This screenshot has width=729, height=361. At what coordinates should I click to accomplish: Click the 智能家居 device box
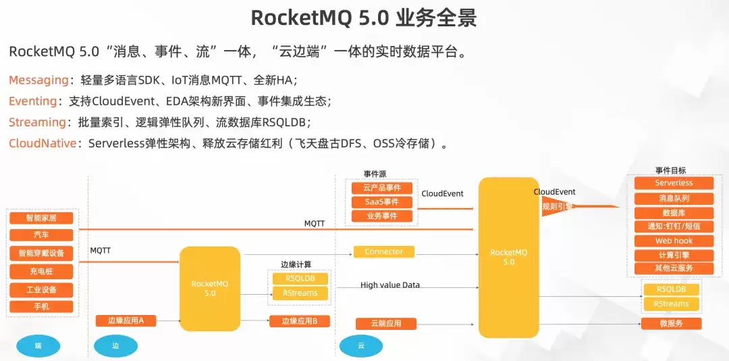click(41, 218)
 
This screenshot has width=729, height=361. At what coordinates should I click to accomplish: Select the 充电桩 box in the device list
click(41, 271)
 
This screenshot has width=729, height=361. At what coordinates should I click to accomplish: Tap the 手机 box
click(41, 306)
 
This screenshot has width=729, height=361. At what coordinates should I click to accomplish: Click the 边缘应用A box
click(126, 320)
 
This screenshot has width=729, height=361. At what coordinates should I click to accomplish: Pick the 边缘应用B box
click(300, 321)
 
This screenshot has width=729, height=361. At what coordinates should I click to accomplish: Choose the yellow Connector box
click(384, 252)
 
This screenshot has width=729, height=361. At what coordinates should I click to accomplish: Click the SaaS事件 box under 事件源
click(382, 202)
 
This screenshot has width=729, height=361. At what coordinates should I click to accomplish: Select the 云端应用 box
click(386, 323)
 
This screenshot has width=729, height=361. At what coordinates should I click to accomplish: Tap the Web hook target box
click(674, 241)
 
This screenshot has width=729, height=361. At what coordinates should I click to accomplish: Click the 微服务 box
click(672, 323)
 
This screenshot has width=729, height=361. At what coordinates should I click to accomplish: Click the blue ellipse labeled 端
click(38, 345)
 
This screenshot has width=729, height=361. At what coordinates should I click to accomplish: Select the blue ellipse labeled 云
click(360, 345)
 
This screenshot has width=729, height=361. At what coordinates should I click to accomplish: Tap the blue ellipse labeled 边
click(116, 345)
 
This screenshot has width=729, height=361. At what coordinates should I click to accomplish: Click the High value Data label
click(390, 285)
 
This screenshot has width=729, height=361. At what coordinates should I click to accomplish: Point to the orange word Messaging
click(38, 80)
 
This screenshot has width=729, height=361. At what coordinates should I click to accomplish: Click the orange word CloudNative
click(43, 143)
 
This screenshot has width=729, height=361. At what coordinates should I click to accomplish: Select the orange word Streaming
click(37, 122)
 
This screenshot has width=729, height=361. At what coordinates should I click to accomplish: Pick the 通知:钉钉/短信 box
click(674, 226)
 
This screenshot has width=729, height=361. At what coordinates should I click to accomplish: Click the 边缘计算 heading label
click(296, 264)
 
